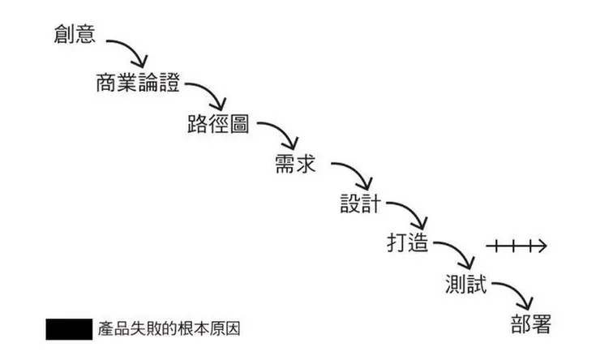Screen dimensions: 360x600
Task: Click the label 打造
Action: [409, 242]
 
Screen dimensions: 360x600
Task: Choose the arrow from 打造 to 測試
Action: [459, 254]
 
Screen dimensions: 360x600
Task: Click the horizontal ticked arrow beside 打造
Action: [516, 245]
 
